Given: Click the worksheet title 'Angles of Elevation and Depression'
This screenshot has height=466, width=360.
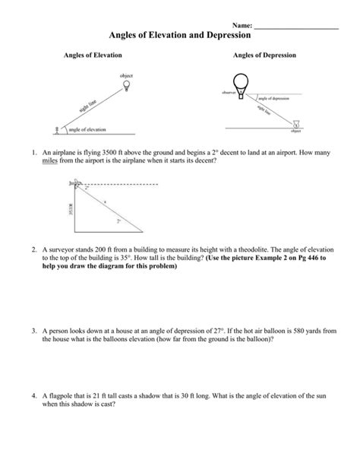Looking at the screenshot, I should (x=180, y=35).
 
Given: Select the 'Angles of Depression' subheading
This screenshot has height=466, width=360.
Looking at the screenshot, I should (x=264, y=56).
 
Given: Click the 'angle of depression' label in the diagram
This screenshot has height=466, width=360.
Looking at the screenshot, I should (x=274, y=99).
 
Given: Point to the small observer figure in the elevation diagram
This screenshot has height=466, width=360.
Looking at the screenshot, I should (x=55, y=130).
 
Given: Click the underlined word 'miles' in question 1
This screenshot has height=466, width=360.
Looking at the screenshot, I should (x=50, y=161).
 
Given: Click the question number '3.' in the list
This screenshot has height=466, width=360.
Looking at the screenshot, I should (x=34, y=332).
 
